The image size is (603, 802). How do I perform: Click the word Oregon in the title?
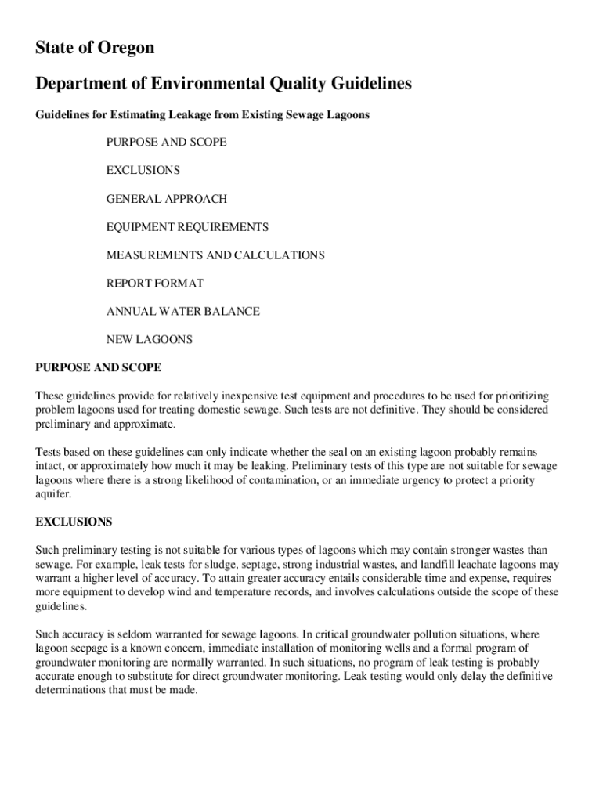click(126, 49)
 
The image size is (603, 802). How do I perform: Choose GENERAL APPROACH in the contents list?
click(167, 199)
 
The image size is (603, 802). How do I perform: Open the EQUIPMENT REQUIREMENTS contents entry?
click(187, 227)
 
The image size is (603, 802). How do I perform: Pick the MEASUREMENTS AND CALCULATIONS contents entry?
click(215, 255)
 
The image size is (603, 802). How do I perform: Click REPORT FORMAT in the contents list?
click(155, 284)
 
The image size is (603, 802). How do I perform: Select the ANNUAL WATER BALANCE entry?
click(183, 312)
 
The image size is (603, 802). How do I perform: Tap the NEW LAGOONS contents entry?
click(150, 340)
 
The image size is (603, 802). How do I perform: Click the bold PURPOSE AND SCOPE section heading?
click(99, 367)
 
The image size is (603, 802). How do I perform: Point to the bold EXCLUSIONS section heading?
click(74, 521)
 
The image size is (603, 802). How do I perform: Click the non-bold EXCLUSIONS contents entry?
click(143, 171)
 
